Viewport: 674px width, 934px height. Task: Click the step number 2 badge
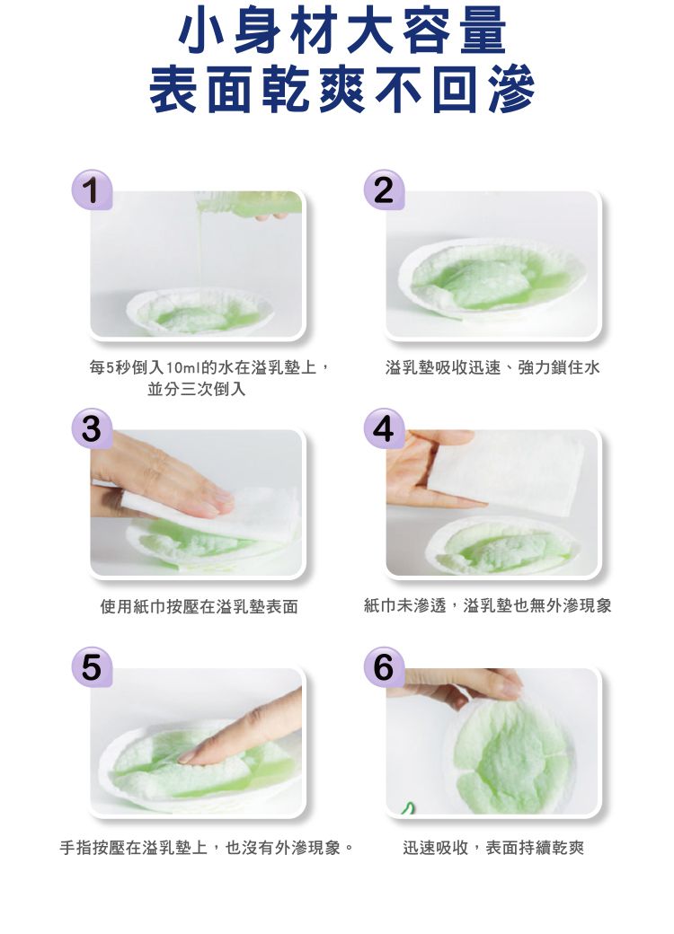point(384,189)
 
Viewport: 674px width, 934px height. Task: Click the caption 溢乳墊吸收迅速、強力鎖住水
point(492,368)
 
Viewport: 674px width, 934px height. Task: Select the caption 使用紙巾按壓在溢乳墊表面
point(199,607)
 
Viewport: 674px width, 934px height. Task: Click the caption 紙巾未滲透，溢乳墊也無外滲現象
point(488,607)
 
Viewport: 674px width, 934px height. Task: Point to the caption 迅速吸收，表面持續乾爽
point(493,847)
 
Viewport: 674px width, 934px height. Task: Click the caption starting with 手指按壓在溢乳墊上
point(206,847)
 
